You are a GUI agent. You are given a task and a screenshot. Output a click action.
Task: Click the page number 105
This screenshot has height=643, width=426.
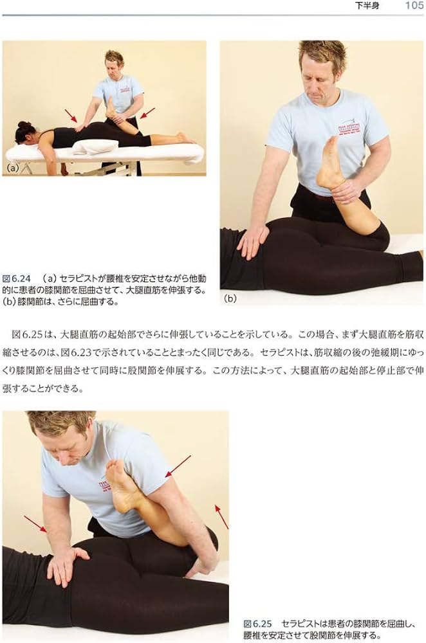coord(414,5)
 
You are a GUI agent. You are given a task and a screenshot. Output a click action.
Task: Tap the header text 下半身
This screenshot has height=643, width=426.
coord(367,6)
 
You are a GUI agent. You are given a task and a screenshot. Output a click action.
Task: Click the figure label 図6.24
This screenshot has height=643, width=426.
coord(17,279)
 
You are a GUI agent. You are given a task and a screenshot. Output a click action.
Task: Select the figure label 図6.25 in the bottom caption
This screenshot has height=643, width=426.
coord(258,624)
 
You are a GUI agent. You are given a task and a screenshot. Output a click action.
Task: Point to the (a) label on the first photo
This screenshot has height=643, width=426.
coord(13,168)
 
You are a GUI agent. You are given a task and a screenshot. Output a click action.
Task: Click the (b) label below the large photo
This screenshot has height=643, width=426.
coord(230,298)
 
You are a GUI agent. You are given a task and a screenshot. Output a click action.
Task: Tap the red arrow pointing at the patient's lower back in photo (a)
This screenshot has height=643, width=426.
coord(71,115)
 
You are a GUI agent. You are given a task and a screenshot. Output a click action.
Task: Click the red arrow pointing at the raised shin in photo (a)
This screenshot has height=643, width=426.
coord(147,113)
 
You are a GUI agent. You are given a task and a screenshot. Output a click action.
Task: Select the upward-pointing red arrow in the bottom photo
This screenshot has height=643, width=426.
coord(221,517)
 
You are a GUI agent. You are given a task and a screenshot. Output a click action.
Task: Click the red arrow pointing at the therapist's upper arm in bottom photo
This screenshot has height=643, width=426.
coord(178,466)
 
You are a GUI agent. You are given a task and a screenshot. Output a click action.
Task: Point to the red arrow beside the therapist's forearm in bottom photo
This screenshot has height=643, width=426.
coord(35,524)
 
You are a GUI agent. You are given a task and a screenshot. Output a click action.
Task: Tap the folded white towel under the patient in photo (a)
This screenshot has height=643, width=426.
coord(95,147)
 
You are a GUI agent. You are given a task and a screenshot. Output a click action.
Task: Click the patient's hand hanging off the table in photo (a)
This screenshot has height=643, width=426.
coord(64,168)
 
